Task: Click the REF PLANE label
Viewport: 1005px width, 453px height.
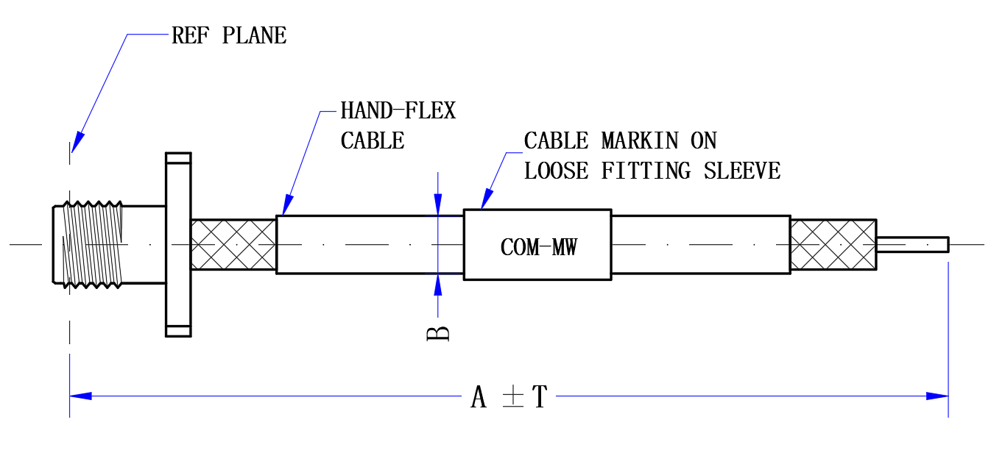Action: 229,35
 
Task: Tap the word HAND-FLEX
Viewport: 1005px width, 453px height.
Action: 398,110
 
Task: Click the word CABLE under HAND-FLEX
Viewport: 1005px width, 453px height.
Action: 373,140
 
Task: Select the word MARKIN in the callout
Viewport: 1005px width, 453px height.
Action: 640,140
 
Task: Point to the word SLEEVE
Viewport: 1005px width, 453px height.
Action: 742,171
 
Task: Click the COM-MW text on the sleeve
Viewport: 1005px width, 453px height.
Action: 539,247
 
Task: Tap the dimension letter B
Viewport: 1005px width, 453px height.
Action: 438,334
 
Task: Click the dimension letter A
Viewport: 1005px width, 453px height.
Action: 479,397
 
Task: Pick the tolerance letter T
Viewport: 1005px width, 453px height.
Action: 540,397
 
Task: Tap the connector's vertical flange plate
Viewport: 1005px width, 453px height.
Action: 179,245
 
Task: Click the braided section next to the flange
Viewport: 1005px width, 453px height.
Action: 233,245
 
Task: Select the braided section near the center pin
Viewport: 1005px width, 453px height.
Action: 833,245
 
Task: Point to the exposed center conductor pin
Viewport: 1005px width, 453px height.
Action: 913,245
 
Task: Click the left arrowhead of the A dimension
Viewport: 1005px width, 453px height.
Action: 81,396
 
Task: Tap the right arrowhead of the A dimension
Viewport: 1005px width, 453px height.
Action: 937,396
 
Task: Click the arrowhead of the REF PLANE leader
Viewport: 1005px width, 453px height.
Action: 77,143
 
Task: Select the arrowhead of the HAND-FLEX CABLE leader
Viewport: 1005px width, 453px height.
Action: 288,206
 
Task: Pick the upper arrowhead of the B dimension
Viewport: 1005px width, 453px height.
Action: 438,204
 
